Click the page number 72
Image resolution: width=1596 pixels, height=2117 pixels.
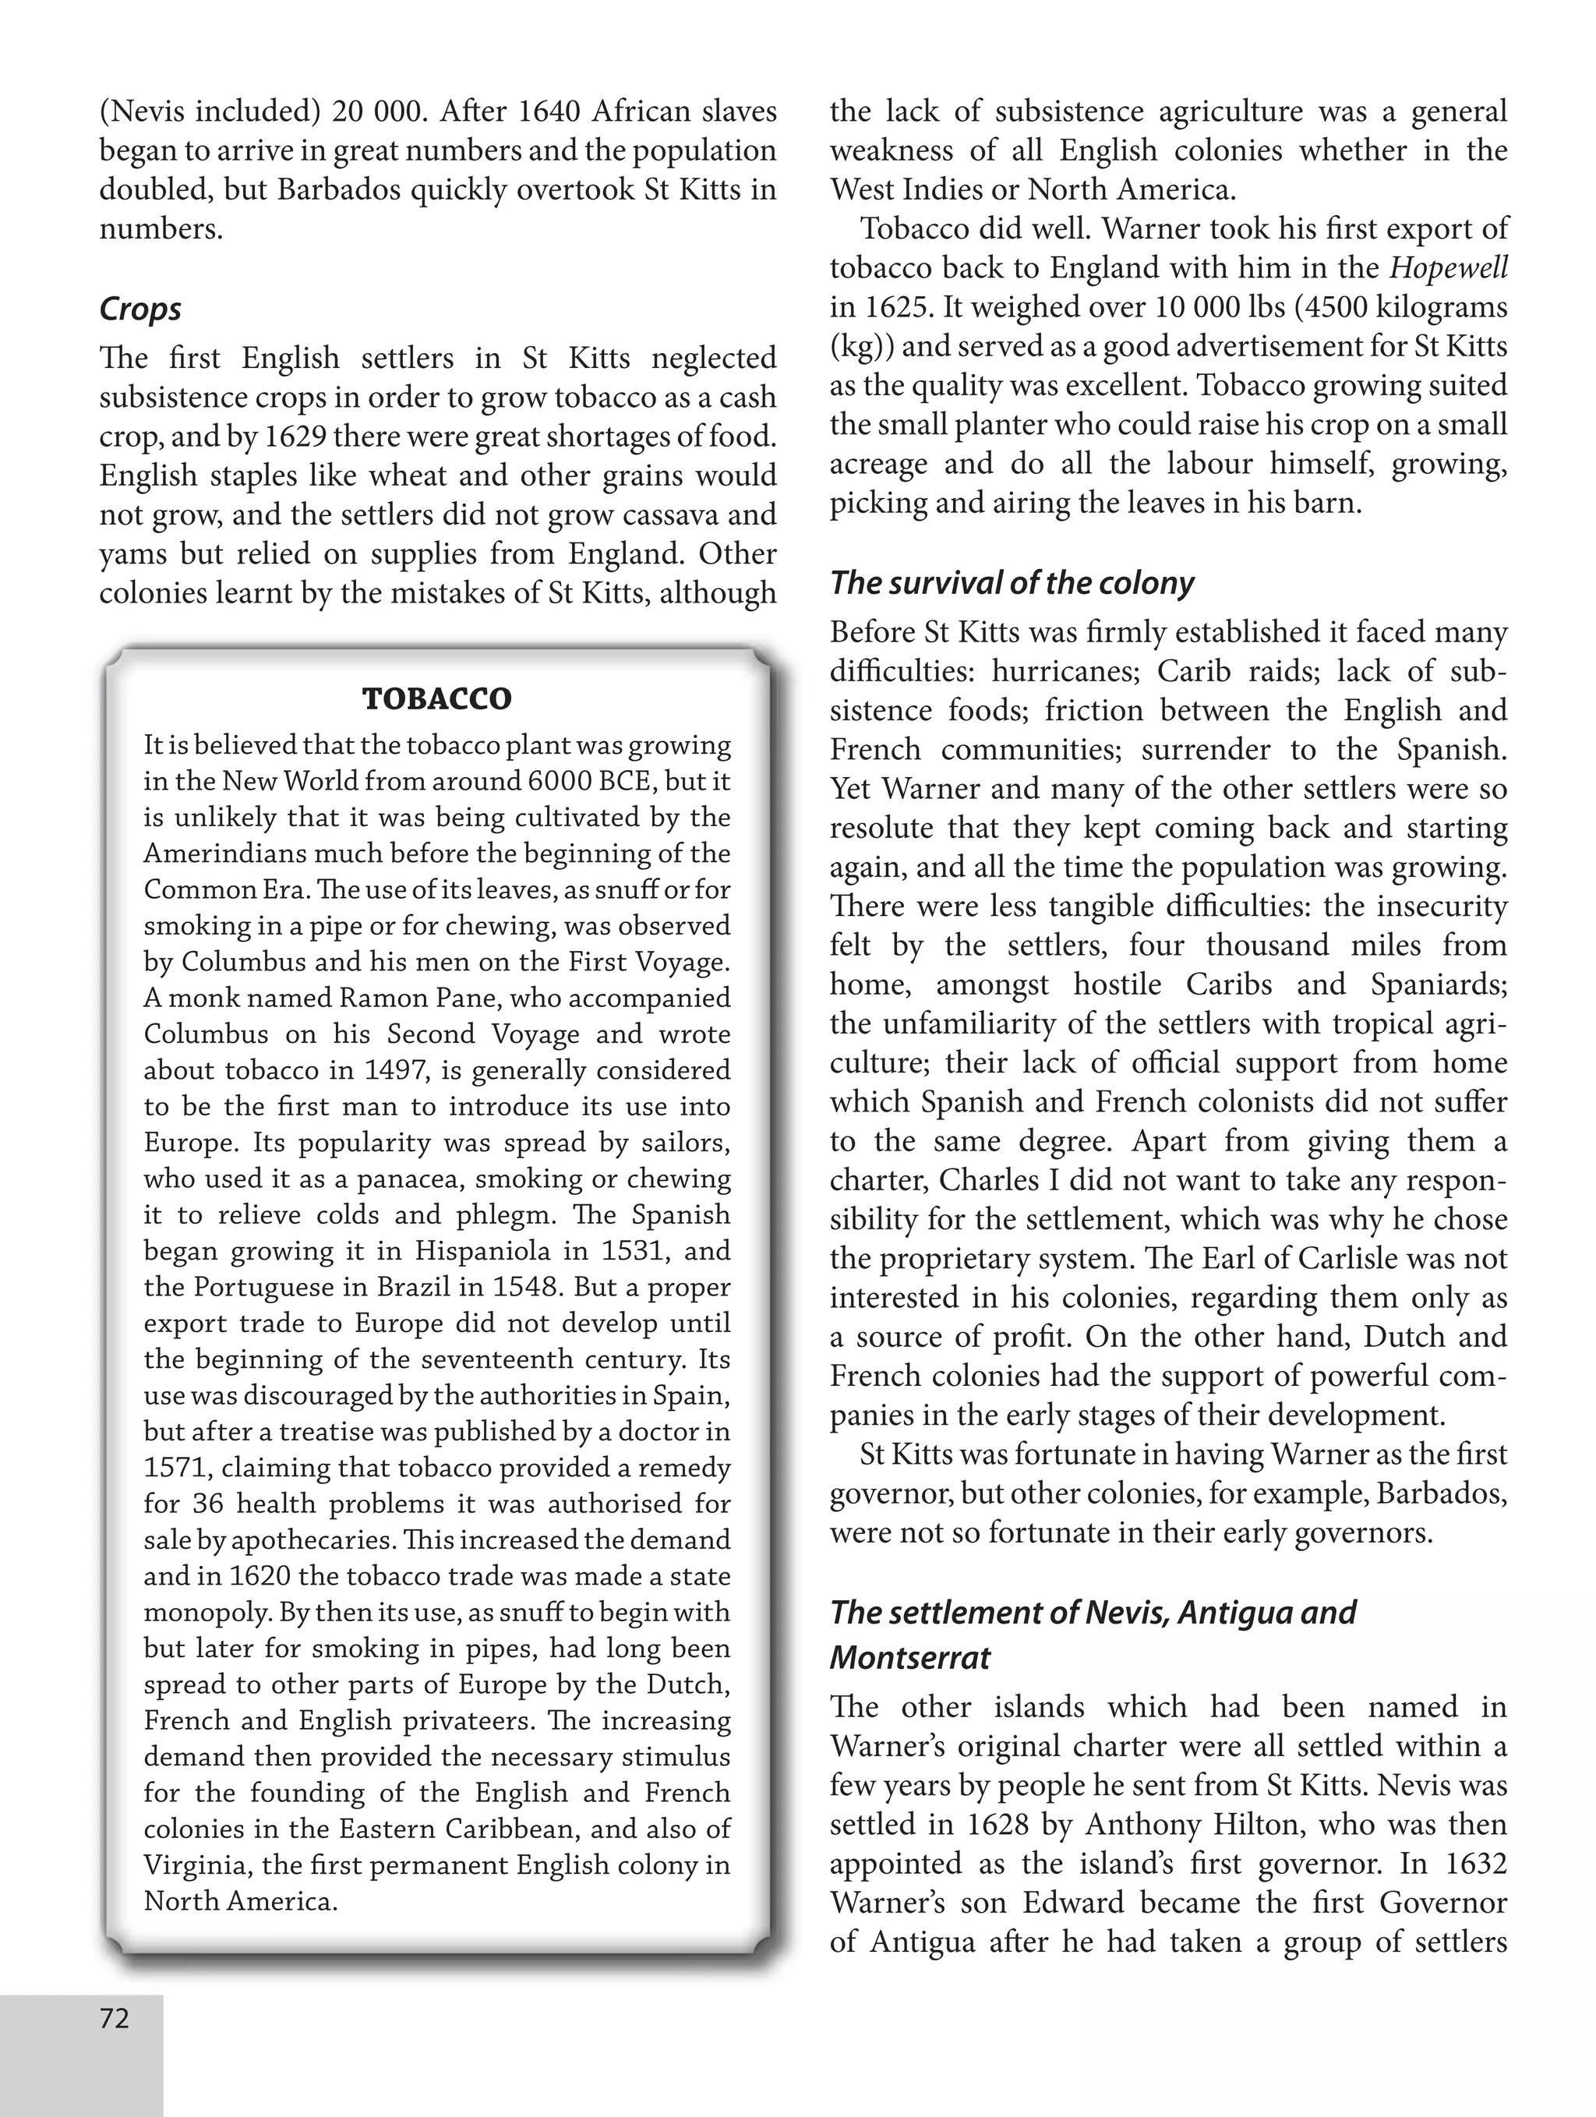coord(114,2019)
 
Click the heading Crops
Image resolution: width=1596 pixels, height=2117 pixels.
coord(139,309)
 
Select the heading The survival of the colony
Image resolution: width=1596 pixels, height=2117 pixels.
coord(1012,583)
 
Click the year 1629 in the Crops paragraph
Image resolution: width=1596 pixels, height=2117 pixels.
coord(295,437)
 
